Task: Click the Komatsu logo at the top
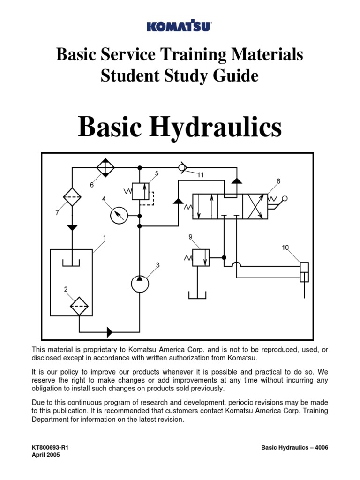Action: click(180, 27)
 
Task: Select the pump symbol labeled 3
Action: click(140, 283)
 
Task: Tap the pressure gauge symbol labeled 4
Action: click(119, 215)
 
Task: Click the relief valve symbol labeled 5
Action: click(140, 191)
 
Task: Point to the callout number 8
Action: click(278, 181)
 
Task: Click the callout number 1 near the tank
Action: click(105, 238)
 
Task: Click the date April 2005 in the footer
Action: click(46, 455)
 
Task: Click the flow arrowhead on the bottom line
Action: click(109, 332)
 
